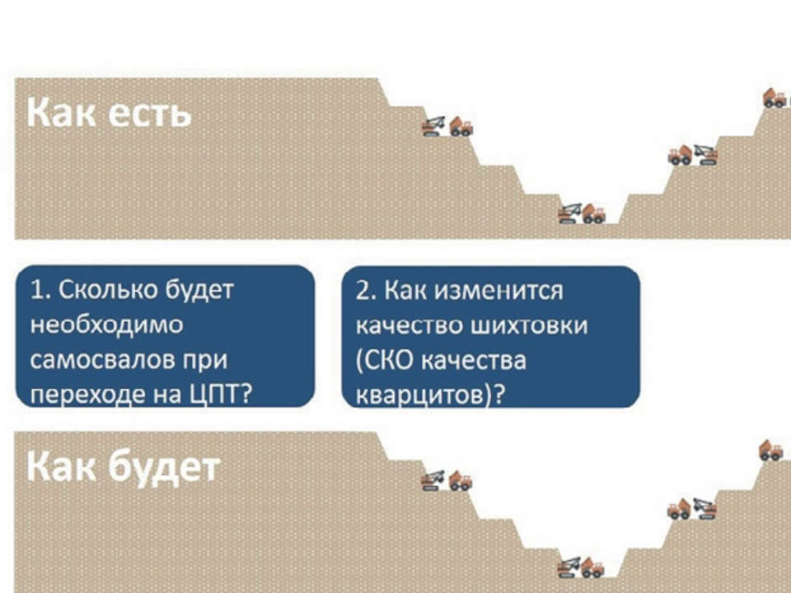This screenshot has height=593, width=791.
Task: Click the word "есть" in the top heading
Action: click(x=150, y=114)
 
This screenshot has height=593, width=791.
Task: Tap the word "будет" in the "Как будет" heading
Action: click(x=164, y=468)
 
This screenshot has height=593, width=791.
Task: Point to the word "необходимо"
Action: click(x=106, y=325)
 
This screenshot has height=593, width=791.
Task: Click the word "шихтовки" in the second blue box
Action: click(x=529, y=326)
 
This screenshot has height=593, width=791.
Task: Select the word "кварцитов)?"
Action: click(x=430, y=395)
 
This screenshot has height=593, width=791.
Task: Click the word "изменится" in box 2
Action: click(x=498, y=291)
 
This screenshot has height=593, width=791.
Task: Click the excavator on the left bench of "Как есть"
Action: click(x=434, y=127)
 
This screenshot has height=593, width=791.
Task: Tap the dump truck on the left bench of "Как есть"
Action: click(x=461, y=127)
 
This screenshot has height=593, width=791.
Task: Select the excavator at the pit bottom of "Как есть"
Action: click(x=570, y=213)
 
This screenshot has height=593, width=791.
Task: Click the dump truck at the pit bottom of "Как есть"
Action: click(x=594, y=213)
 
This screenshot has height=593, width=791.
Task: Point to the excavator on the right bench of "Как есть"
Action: click(x=705, y=156)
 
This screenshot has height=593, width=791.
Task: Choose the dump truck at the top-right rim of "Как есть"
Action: click(x=775, y=98)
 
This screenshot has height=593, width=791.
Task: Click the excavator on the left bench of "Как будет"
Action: click(x=434, y=480)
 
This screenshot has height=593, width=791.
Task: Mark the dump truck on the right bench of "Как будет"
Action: click(x=680, y=509)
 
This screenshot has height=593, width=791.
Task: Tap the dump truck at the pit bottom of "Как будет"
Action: click(x=592, y=567)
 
